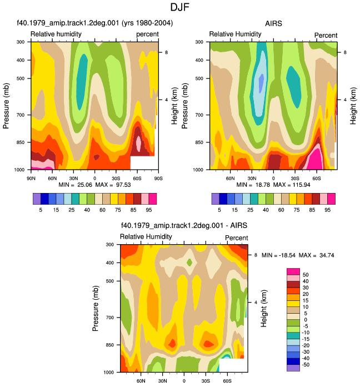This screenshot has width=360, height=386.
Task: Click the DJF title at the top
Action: [x=180, y=7]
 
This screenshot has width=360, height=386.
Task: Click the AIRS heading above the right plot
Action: [x=273, y=23]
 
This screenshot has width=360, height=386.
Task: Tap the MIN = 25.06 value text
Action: [x=75, y=185]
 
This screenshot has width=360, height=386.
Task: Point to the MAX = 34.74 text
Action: [x=316, y=255]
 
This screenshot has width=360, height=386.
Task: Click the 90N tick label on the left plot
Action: [x=31, y=178]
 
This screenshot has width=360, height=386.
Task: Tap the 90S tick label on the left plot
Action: [x=158, y=178]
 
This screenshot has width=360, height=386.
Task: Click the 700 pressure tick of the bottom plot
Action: [x=110, y=318]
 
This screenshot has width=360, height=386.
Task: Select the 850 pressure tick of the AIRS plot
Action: [x=199, y=142]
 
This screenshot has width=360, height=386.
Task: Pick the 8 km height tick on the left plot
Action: [x=167, y=52]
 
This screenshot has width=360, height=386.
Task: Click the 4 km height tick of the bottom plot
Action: [x=256, y=303]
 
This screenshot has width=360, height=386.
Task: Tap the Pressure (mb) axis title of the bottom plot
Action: [x=96, y=308]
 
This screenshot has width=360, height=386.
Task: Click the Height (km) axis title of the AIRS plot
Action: [x=353, y=106]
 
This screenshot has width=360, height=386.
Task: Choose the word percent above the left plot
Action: [x=148, y=34]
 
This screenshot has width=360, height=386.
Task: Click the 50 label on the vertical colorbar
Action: [x=306, y=275]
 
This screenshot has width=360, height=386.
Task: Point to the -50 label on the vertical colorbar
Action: [x=306, y=364]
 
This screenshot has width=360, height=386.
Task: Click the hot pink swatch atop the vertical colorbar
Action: [x=293, y=271]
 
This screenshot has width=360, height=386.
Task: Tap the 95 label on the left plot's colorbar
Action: [x=149, y=210]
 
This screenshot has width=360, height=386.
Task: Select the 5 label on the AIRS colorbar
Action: [x=219, y=210]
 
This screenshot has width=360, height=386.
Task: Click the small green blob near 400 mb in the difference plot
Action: [x=189, y=262]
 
